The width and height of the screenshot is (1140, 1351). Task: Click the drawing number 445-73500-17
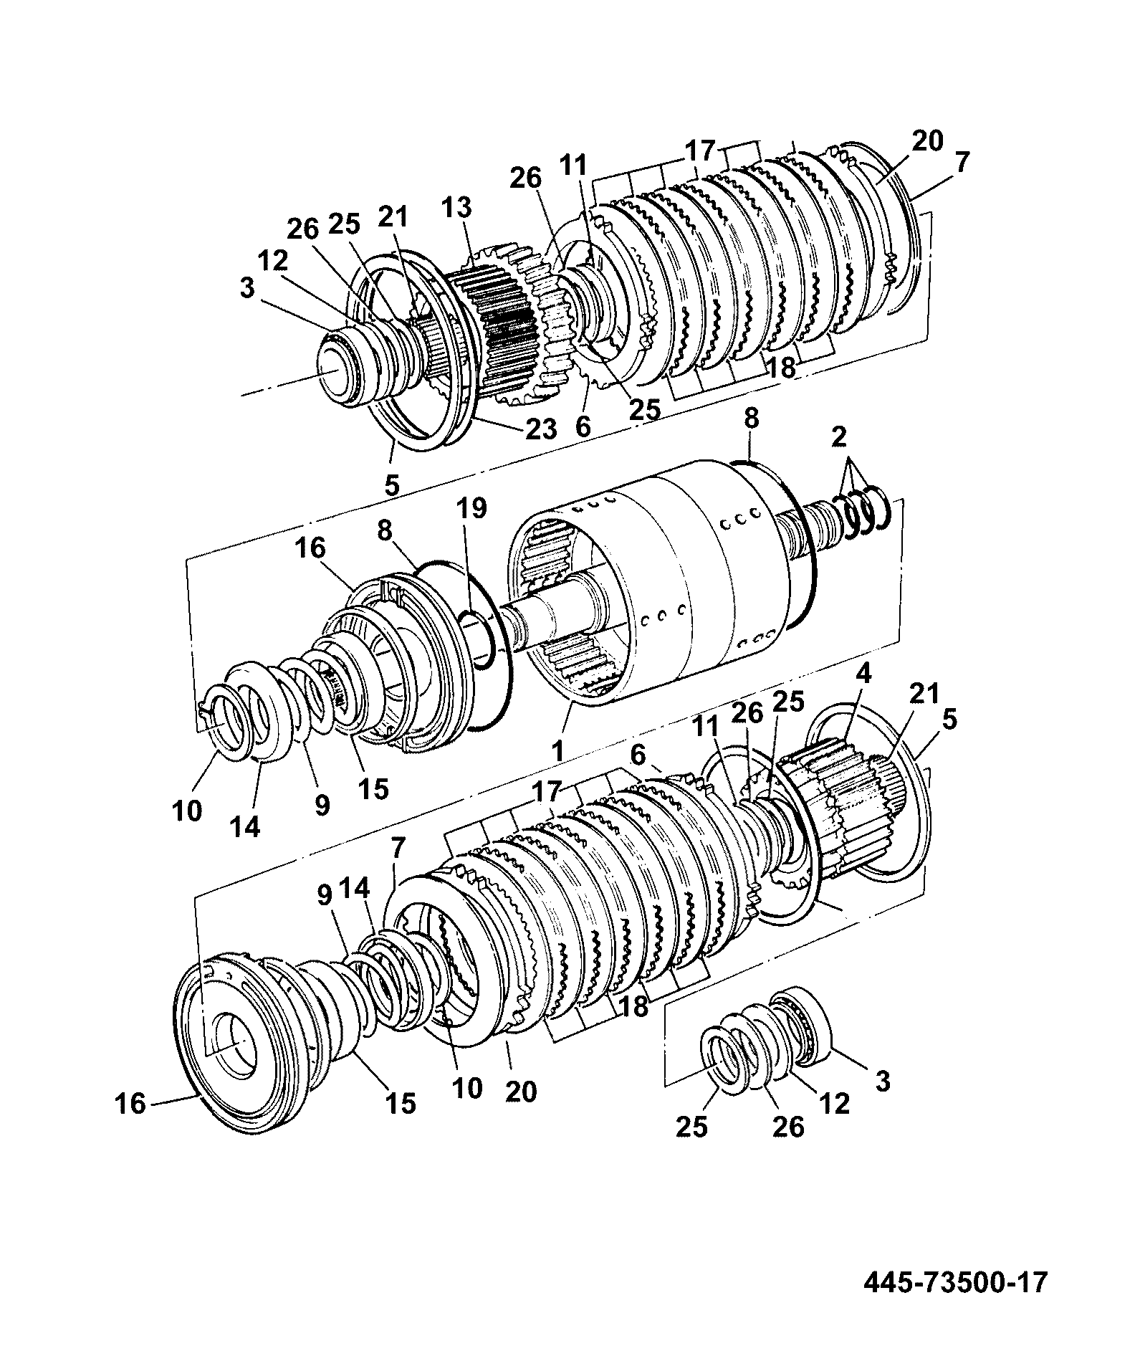[x=955, y=1281]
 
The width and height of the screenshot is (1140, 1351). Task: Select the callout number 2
[x=839, y=436]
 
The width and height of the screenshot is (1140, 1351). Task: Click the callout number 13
[x=457, y=208]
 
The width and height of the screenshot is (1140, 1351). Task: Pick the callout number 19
[x=472, y=508]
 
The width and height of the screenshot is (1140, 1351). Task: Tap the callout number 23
[x=541, y=429]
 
